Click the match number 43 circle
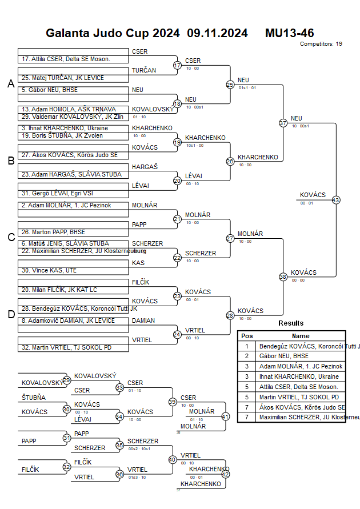pos(336,200)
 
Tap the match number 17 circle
pos(177,65)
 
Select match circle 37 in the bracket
pos(283,123)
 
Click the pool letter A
pos(10,84)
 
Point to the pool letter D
pos(10,314)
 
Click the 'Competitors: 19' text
pos(321,43)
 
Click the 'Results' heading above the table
pos(291,323)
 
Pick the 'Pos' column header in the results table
pos(247,336)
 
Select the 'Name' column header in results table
pos(301,336)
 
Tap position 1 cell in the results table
pos(247,346)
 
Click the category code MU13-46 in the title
pos(289,33)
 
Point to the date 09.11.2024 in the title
pos(217,33)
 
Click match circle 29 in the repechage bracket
pos(66,380)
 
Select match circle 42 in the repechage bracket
pos(225,474)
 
